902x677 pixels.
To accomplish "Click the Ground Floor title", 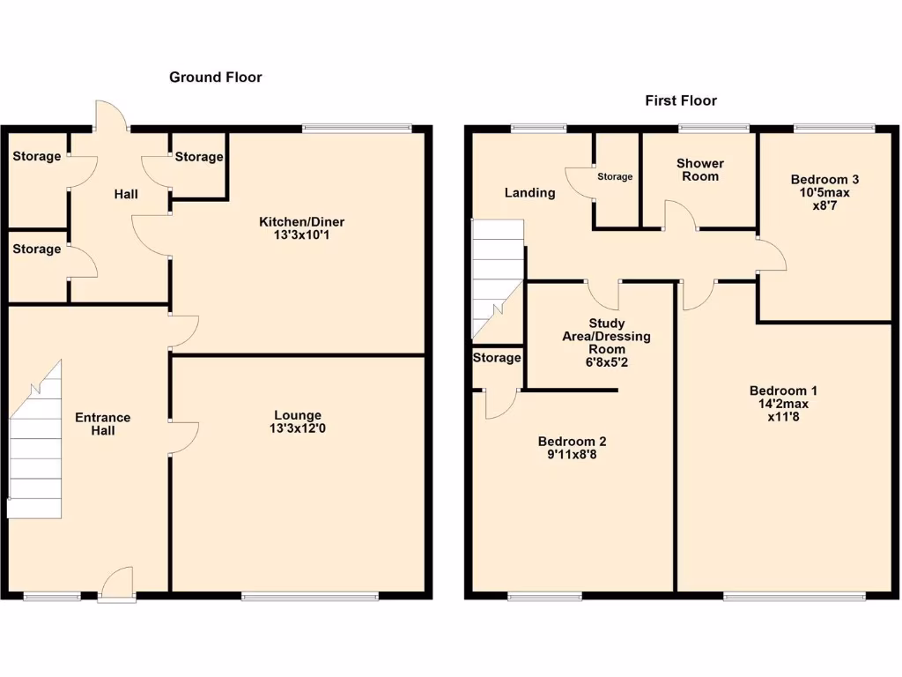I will tap(216, 78).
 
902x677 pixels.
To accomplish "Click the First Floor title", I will tap(681, 100).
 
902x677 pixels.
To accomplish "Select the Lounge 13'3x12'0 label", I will tap(297, 422).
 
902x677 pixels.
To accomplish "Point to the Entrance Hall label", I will tap(102, 424).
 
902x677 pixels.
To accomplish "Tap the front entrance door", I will tap(117, 585).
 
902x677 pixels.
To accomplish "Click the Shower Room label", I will tap(699, 170).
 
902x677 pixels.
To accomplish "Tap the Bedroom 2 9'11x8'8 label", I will tap(573, 449).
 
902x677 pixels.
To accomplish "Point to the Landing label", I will tap(529, 192).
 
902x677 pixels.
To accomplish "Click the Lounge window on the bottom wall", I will tap(310, 597).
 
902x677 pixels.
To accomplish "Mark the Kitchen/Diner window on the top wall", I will tap(357, 129).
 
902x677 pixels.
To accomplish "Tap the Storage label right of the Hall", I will tap(198, 157).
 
